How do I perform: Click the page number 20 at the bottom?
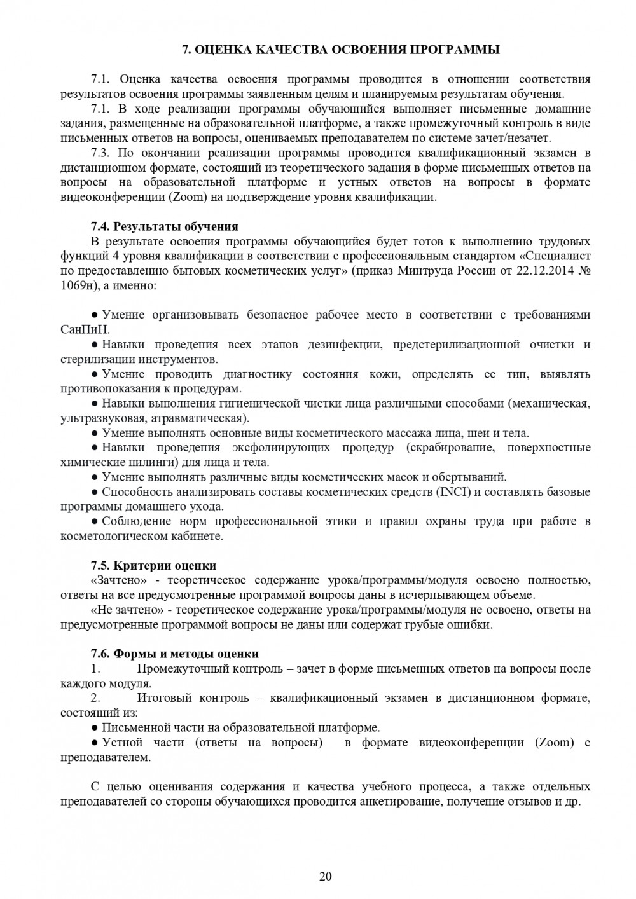click(x=325, y=877)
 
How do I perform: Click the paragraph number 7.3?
click(x=101, y=153)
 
